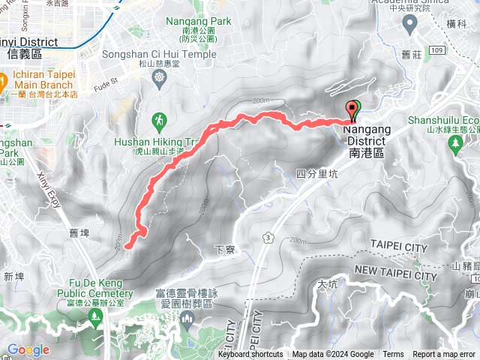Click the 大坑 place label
tap(328, 284)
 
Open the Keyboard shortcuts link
tap(250, 354)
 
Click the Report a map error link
tap(443, 354)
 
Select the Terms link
tap(393, 354)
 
